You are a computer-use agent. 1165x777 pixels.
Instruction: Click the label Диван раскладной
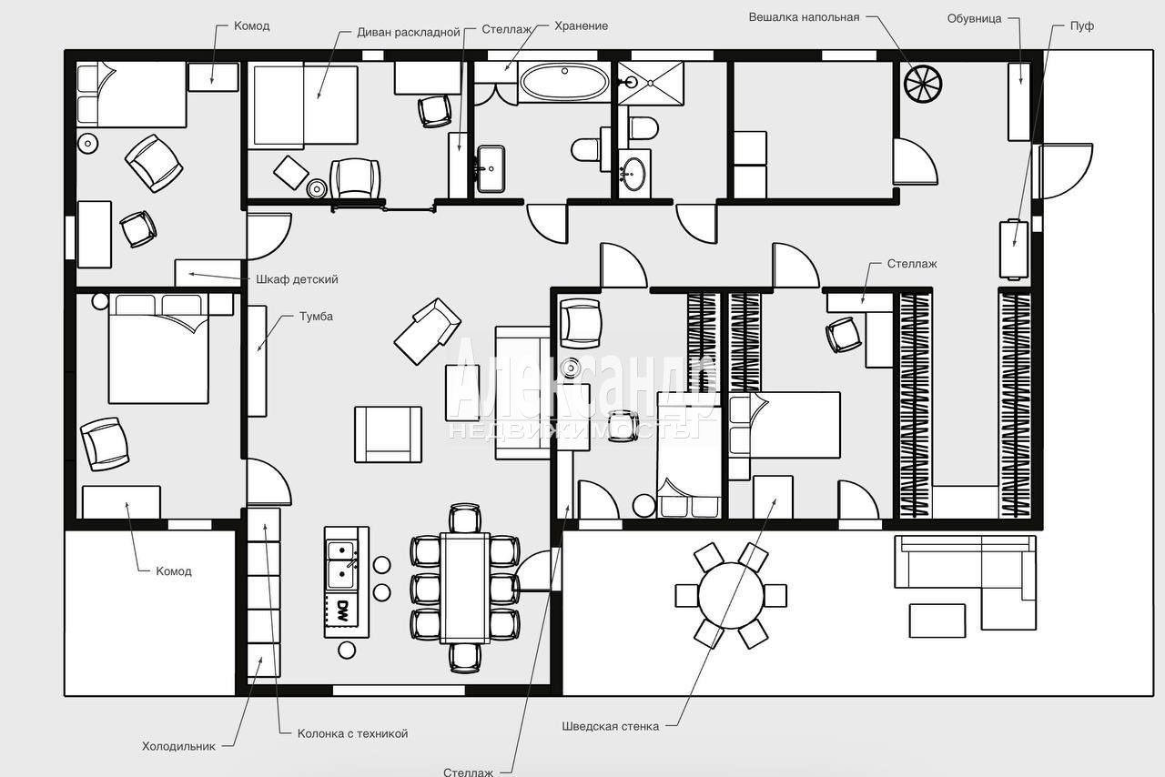click(409, 32)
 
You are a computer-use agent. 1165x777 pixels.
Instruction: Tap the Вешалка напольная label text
click(804, 17)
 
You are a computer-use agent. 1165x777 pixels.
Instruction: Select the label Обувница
click(974, 19)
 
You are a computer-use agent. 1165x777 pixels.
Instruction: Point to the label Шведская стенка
click(610, 726)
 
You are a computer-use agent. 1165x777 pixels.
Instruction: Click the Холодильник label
click(178, 746)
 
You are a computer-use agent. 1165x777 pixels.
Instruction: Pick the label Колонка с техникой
click(352, 733)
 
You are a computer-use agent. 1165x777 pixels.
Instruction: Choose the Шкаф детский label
click(297, 279)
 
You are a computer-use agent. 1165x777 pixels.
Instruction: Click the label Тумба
click(316, 317)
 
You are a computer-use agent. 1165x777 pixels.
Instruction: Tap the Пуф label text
click(1082, 26)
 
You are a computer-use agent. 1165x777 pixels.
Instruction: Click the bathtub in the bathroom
click(564, 82)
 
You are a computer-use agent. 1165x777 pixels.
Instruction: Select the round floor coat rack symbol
click(923, 84)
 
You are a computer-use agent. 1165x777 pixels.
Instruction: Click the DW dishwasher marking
click(342, 611)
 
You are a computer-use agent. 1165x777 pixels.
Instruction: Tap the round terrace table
click(731, 596)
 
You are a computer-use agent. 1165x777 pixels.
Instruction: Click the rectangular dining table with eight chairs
click(464, 588)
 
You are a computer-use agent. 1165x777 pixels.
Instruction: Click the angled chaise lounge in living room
click(428, 331)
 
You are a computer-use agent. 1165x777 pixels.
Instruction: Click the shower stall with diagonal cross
click(651, 83)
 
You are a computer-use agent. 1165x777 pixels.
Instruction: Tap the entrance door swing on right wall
click(1065, 171)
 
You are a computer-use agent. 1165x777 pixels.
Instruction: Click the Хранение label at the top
click(581, 26)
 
